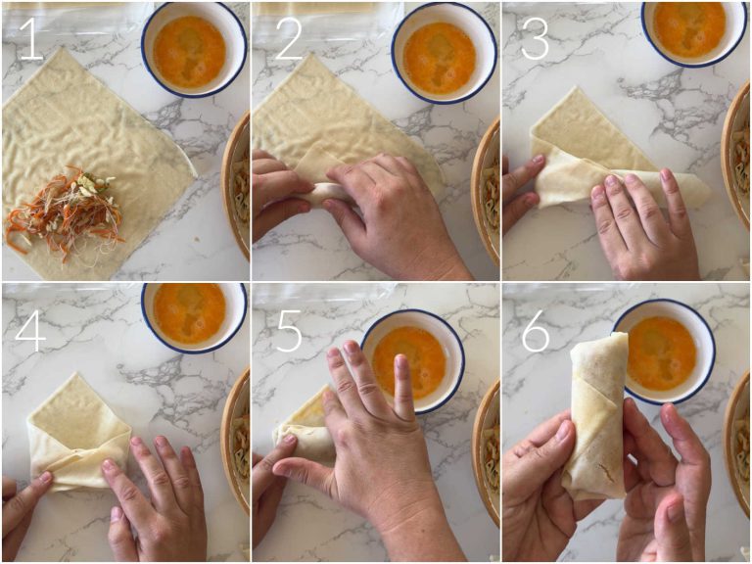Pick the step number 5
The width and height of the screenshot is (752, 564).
pos(288,331)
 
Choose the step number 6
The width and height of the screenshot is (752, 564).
pos(536,331)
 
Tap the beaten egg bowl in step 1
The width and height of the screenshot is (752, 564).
pos(194,50)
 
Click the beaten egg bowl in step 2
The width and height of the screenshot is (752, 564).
pos(444,53)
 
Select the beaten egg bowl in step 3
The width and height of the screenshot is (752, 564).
pos(693,27)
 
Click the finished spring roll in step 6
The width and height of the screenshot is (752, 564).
pos(597,416)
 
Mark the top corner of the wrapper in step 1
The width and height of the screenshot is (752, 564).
pos(62,47)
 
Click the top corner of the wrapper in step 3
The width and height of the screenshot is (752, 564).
pos(575,87)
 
